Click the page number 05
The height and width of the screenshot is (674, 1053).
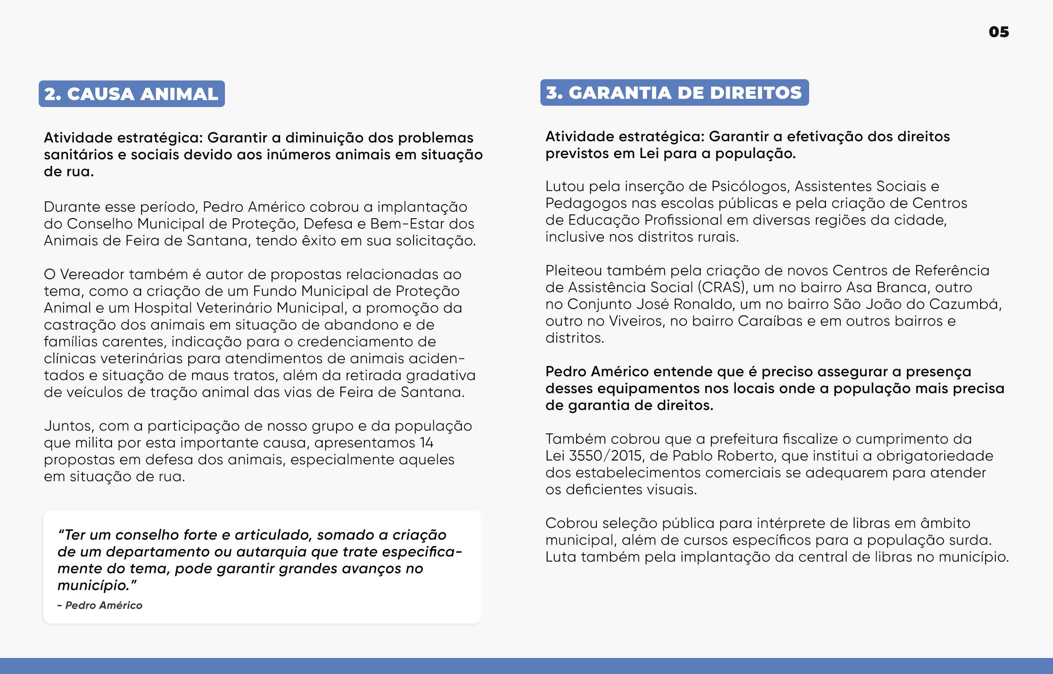click(x=998, y=32)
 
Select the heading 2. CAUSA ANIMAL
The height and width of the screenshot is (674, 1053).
click(x=131, y=94)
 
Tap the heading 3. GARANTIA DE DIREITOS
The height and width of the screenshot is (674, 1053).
click(x=674, y=93)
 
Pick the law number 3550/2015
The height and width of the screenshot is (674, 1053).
click(x=604, y=456)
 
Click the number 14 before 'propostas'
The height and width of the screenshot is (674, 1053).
click(x=427, y=443)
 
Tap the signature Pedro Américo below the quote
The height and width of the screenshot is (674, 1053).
click(x=104, y=605)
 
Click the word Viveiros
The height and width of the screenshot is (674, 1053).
click(x=637, y=321)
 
